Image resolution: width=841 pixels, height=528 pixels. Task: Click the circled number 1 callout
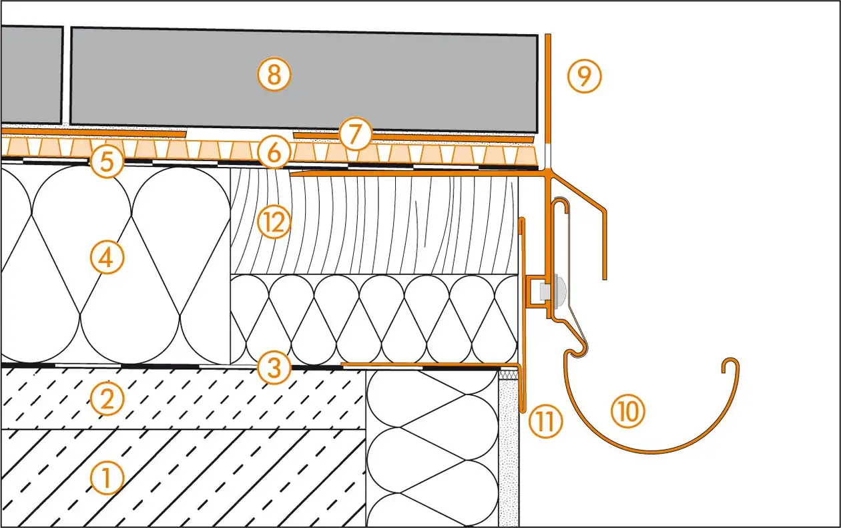pos(108,478)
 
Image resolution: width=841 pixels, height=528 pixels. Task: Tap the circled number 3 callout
pos(274,367)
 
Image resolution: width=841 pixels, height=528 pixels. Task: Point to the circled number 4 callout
pos(108,258)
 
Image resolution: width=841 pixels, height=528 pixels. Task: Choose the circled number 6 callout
pos(274,155)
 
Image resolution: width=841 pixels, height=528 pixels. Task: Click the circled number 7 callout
pos(354,135)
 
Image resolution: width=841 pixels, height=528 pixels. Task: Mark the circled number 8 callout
pos(274,75)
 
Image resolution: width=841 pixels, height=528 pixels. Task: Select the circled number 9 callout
pos(584,77)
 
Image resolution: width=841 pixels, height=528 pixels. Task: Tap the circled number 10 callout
pos(628,412)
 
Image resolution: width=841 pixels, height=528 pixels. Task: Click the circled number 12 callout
pos(274,223)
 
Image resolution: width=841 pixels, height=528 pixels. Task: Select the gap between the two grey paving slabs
pos(67,75)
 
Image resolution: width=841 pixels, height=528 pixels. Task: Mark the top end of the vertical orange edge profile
pos(547,37)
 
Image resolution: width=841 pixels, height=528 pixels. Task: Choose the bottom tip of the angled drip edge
pos(605,277)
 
